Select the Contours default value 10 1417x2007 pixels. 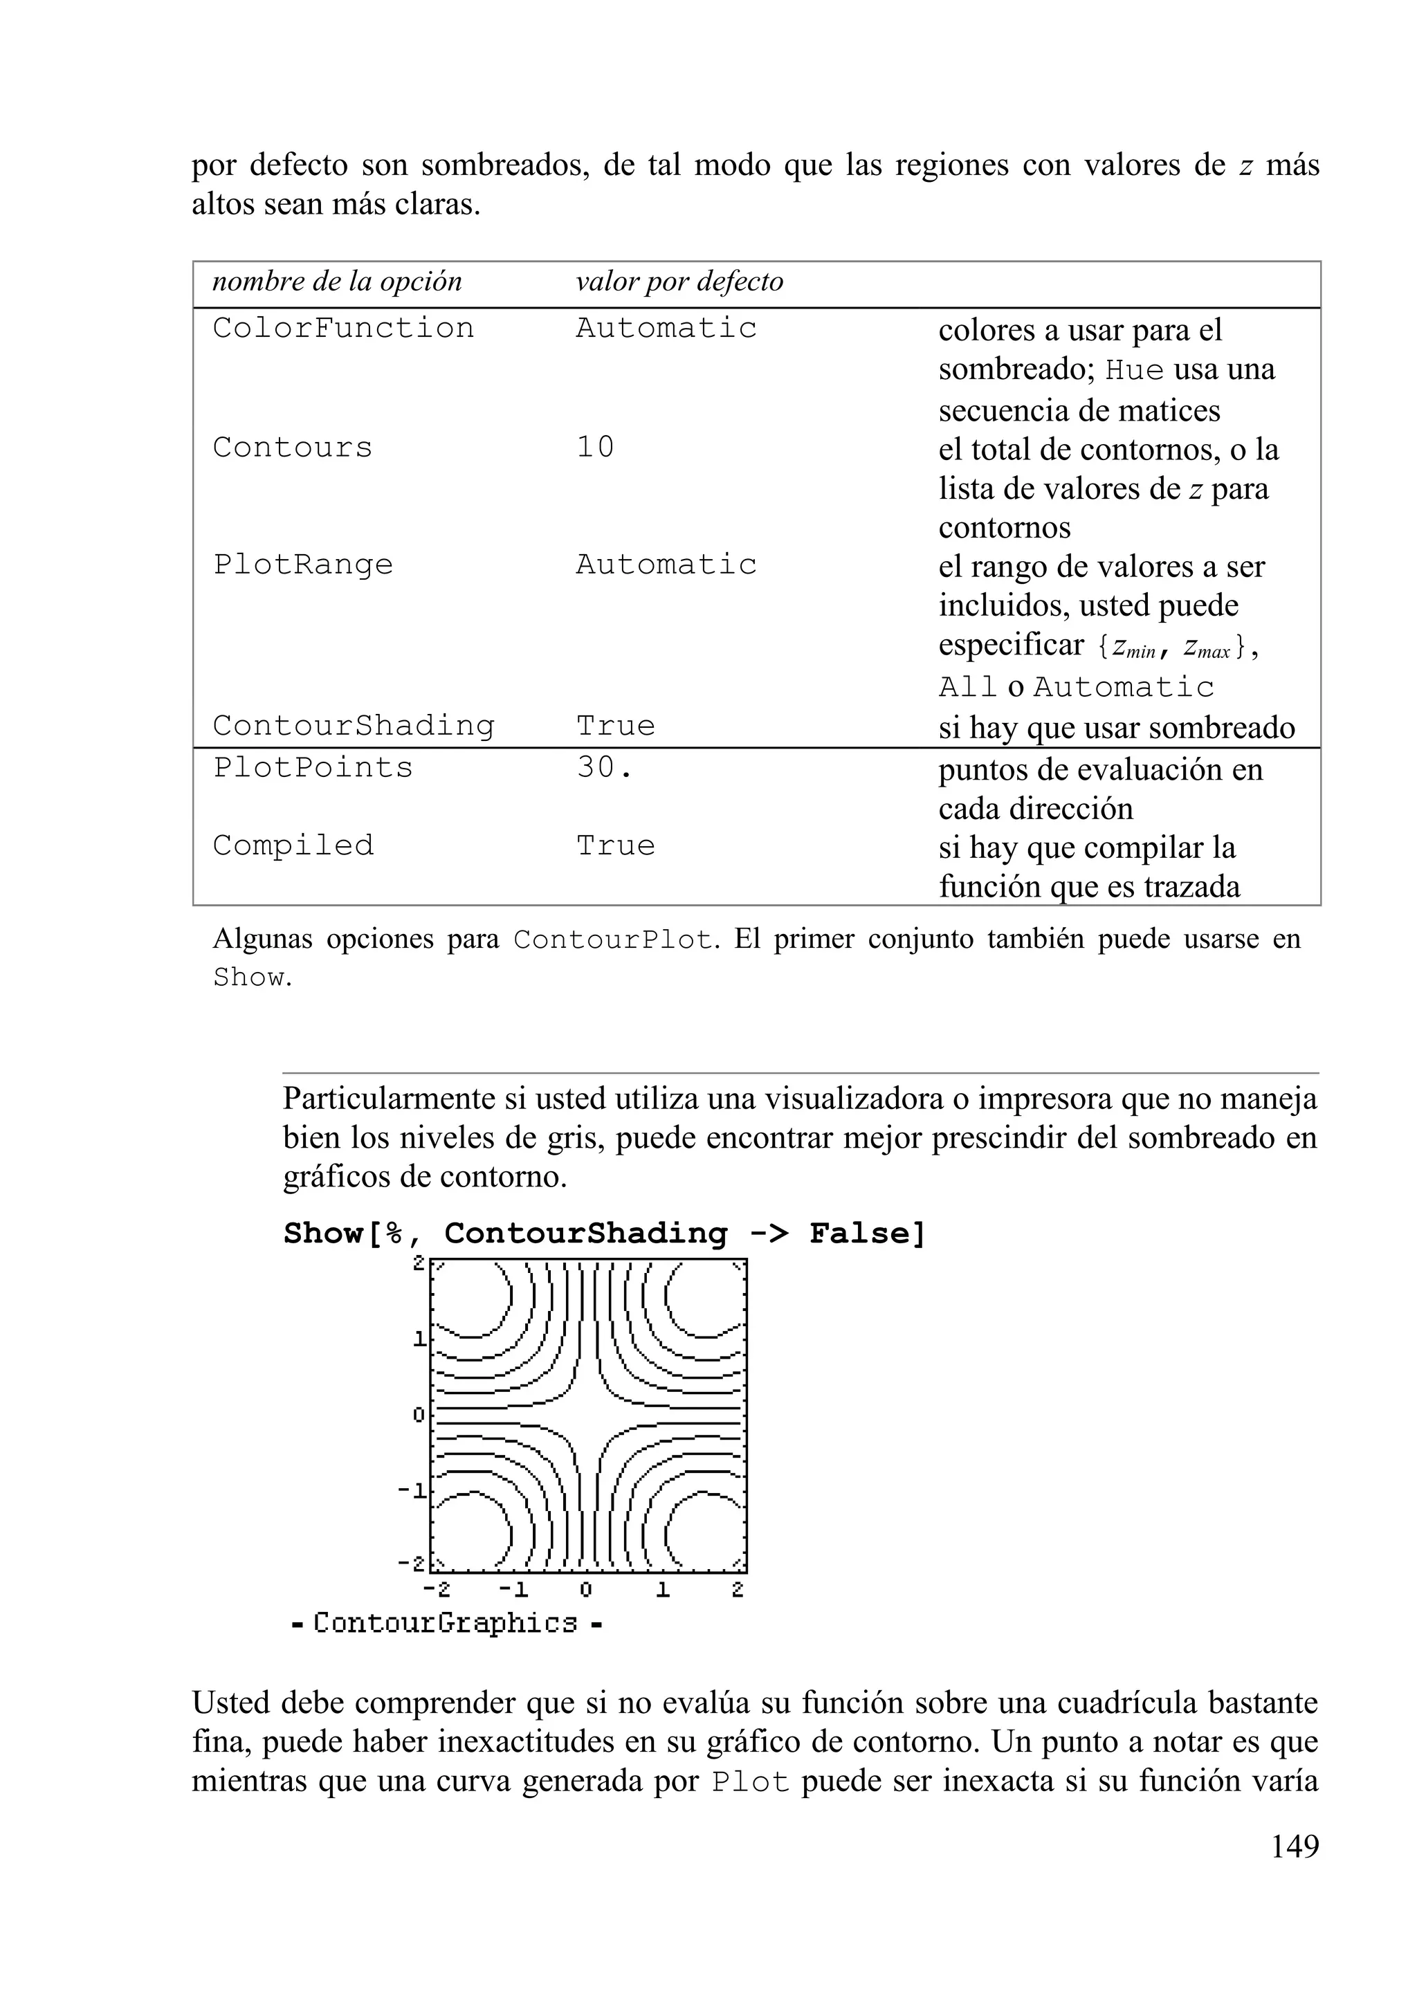click(595, 448)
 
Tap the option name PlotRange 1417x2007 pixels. click(302, 565)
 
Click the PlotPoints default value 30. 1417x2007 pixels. click(603, 767)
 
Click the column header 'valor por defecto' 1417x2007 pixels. click(679, 282)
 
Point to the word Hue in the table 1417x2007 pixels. click(1134, 371)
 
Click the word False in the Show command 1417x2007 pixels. click(866, 1234)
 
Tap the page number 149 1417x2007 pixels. click(1294, 1846)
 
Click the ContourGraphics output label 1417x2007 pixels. click(446, 1623)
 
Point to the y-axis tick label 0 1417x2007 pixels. click(419, 1414)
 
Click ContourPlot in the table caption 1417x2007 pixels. click(614, 940)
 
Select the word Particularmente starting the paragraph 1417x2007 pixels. click(388, 1099)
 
